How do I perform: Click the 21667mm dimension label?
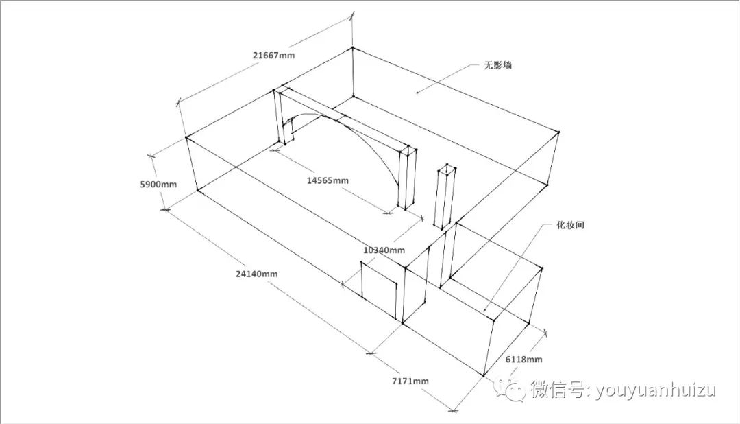273,54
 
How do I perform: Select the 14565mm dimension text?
327,180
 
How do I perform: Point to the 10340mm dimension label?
384,250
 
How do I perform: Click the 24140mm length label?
256,274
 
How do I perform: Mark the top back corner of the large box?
352,48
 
